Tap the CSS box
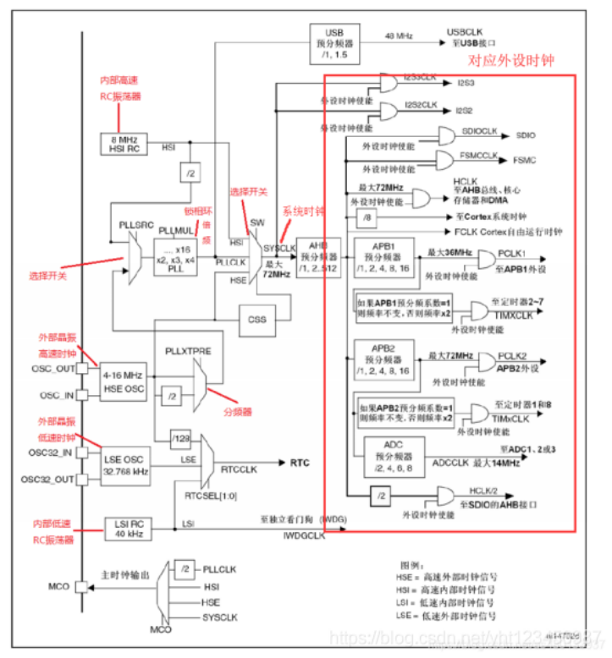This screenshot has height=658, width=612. coord(257,321)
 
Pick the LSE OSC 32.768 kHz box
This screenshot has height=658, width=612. coord(125,459)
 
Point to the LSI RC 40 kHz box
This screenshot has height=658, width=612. coord(128,529)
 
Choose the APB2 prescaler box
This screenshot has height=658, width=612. coord(382,359)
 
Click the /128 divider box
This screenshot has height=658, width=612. coord(180,437)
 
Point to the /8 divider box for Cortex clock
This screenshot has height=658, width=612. coord(367,218)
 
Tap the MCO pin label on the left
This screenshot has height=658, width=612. coord(58,586)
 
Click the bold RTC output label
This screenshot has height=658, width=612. coord(300,463)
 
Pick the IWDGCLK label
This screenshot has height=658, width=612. coord(301,535)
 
